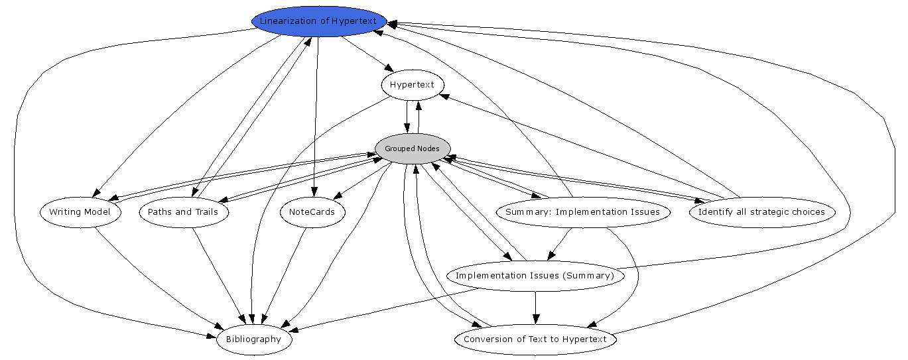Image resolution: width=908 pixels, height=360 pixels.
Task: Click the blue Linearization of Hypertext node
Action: (x=318, y=21)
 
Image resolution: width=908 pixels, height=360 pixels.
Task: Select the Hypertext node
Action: (x=412, y=85)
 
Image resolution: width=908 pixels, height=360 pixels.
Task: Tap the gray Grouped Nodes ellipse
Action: (x=412, y=149)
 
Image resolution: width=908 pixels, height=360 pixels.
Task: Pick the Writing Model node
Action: (x=80, y=212)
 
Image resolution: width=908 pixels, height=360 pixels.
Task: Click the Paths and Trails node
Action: (x=184, y=212)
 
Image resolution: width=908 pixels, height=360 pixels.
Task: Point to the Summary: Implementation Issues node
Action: (x=582, y=212)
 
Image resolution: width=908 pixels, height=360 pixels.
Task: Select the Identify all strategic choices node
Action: (x=761, y=212)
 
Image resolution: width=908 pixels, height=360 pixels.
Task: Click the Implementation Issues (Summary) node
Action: (x=535, y=275)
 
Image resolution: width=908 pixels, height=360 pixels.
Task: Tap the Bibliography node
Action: (x=254, y=339)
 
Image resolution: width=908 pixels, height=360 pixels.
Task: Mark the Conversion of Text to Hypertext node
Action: (x=535, y=339)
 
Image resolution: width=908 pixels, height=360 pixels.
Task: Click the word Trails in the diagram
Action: (x=212, y=212)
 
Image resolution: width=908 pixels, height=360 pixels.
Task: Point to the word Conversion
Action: (x=487, y=339)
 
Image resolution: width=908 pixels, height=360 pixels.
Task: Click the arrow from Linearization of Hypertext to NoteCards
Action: (x=316, y=119)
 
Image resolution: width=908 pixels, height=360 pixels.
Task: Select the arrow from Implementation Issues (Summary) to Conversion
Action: (x=535, y=308)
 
